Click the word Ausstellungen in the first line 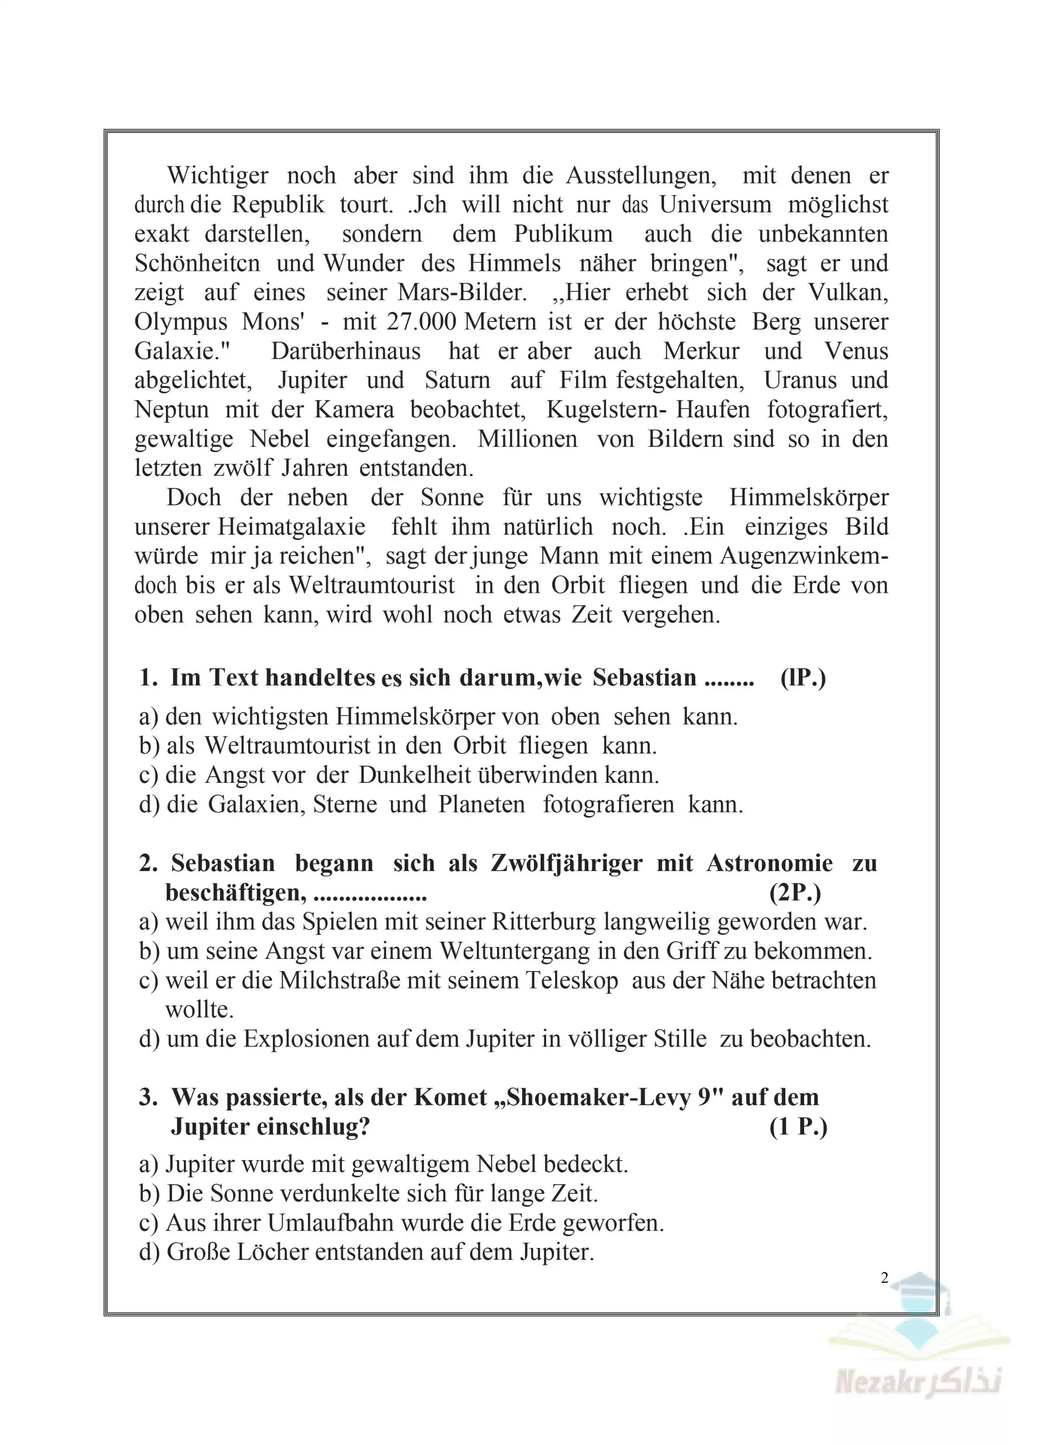tap(640, 175)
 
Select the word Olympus tap(180, 322)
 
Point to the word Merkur tap(701, 351)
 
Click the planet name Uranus tap(799, 380)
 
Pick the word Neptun tap(171, 410)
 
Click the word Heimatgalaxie tap(292, 527)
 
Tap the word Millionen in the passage tap(528, 439)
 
